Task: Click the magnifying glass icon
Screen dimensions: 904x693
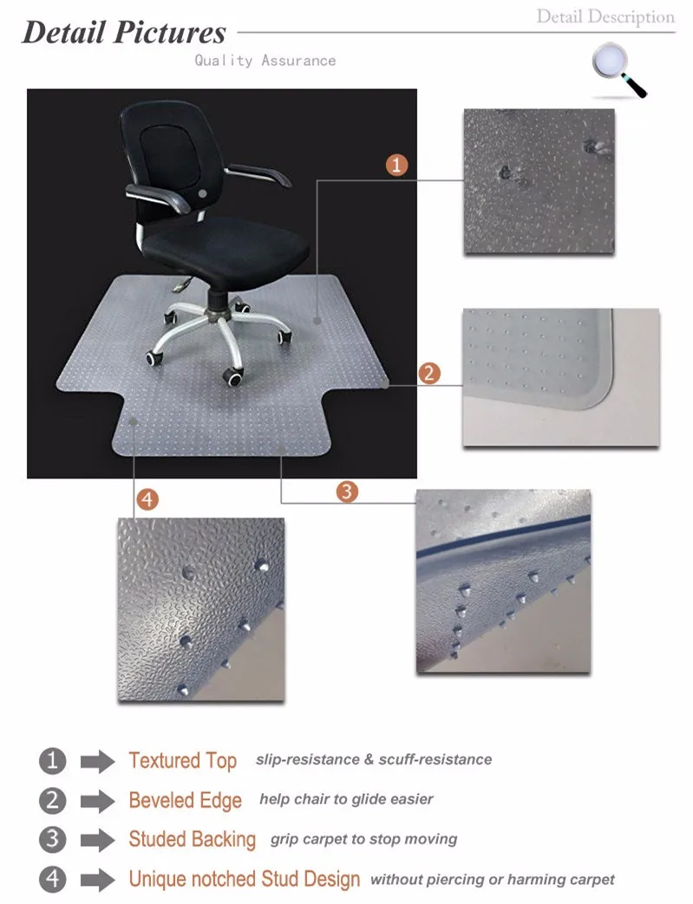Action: pyautogui.click(x=618, y=68)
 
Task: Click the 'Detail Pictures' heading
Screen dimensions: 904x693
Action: pyautogui.click(x=124, y=33)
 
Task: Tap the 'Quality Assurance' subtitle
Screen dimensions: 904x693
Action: pyautogui.click(x=265, y=61)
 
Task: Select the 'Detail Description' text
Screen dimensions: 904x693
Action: pyautogui.click(x=605, y=16)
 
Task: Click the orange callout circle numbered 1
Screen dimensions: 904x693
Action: pyautogui.click(x=396, y=165)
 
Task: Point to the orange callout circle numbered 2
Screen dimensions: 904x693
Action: pyautogui.click(x=429, y=374)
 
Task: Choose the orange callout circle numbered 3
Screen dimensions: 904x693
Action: pyautogui.click(x=347, y=491)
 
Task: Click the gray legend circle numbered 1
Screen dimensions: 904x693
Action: pyautogui.click(x=53, y=761)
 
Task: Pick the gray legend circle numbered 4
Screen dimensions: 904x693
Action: pyautogui.click(x=53, y=879)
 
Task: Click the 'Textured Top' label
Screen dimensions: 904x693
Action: pyautogui.click(x=182, y=761)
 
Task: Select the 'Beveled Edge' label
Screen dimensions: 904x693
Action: pyautogui.click(x=185, y=800)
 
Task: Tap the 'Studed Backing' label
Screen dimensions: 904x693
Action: pyautogui.click(x=192, y=839)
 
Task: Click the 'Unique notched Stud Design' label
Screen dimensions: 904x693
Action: pyautogui.click(x=244, y=879)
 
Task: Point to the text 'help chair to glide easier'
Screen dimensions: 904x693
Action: pyautogui.click(x=346, y=799)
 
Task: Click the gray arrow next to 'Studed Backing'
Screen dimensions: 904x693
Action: pyautogui.click(x=97, y=840)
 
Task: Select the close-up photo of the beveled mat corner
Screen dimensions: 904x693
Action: pyautogui.click(x=560, y=377)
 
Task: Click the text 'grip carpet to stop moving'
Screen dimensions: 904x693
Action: pyautogui.click(x=363, y=839)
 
